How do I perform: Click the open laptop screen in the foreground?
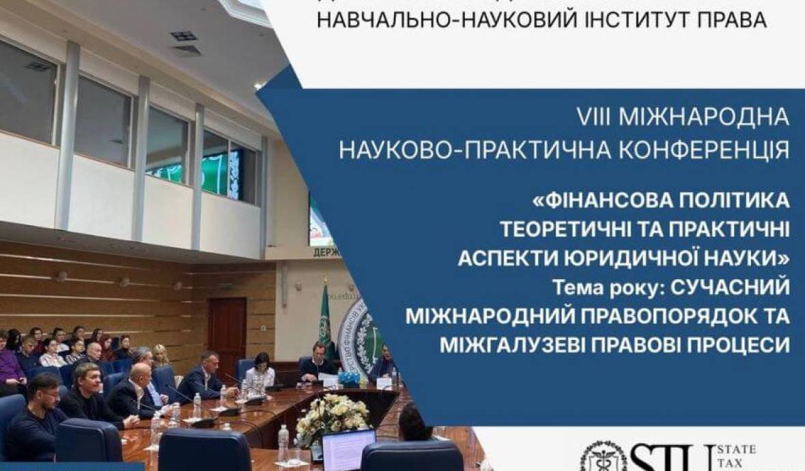coord(348,450)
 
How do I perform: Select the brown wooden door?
coord(227,330)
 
